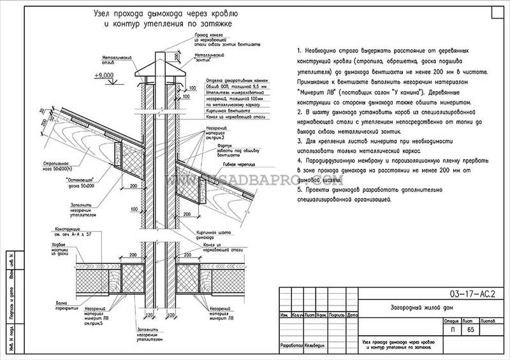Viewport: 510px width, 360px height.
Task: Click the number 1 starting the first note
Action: [x=298, y=49]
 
